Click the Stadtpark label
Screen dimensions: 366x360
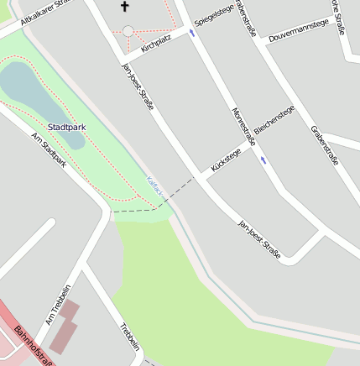click(67, 128)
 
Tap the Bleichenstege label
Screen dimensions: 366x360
click(274, 123)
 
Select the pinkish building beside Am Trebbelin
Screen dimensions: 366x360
click(65, 326)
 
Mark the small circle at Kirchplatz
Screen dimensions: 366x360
click(128, 31)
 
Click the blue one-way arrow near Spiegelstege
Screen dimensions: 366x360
click(192, 34)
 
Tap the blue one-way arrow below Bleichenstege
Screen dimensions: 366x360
click(264, 159)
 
